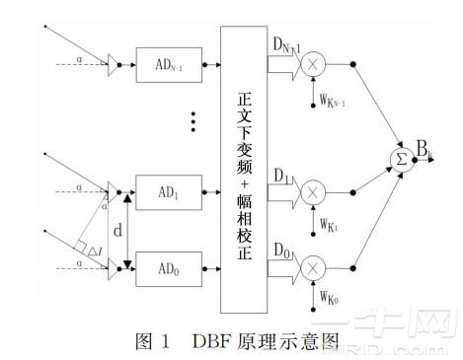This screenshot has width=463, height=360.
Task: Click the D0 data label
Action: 281,250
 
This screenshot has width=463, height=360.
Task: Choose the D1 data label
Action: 281,174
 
